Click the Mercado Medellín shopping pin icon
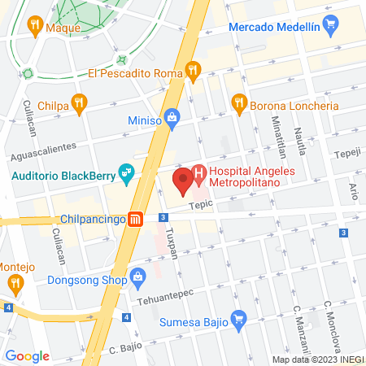tap(329, 27)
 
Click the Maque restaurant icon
tap(34, 26)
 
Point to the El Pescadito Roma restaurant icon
tap(193, 72)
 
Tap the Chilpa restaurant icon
tap(79, 103)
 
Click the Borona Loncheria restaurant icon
tap(238, 103)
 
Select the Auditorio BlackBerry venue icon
tap(126, 172)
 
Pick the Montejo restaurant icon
tap(15, 283)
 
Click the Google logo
tap(27, 355)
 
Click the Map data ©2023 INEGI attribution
tap(318, 359)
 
